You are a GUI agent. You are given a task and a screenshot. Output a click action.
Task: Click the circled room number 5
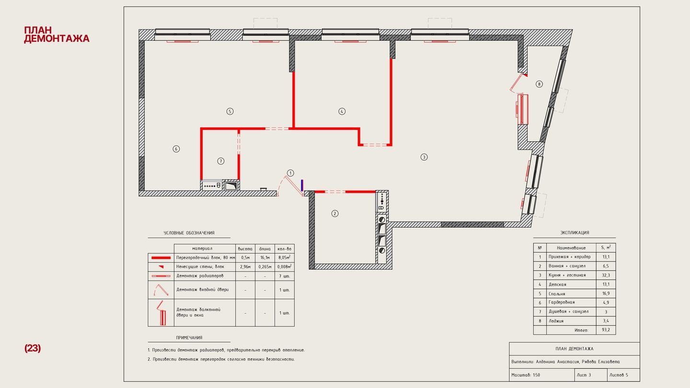pyautogui.click(x=230, y=112)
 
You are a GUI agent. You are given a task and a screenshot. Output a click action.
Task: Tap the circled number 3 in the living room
pyautogui.click(x=424, y=157)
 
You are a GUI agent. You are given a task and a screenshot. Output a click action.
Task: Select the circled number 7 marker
pyautogui.click(x=220, y=161)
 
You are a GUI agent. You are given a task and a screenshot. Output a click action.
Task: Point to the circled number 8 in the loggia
pyautogui.click(x=539, y=84)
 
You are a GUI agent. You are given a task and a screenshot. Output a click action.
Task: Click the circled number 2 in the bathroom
pyautogui.click(x=335, y=214)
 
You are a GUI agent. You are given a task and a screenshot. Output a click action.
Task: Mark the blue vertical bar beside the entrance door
pyautogui.click(x=302, y=185)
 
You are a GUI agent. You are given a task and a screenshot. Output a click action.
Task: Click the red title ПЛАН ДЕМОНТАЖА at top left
pyautogui.click(x=57, y=34)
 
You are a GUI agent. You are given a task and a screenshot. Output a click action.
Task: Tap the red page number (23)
pyautogui.click(x=33, y=348)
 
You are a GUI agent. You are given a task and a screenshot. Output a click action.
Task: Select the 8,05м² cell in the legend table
pyautogui.click(x=284, y=257)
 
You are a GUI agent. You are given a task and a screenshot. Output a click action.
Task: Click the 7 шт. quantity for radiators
pyautogui.click(x=284, y=276)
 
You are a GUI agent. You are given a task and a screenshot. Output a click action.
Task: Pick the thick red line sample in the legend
pyautogui.click(x=161, y=258)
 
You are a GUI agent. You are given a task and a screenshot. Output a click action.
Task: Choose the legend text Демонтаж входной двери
pyautogui.click(x=202, y=290)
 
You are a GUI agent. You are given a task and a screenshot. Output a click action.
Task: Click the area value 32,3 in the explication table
pyautogui.click(x=606, y=275)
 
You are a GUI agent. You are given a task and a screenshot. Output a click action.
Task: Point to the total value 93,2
pyautogui.click(x=606, y=330)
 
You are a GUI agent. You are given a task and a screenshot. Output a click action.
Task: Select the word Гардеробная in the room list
pyautogui.click(x=562, y=302)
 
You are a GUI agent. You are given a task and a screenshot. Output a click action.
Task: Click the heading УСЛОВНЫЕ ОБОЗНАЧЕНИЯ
pyautogui.click(x=189, y=233)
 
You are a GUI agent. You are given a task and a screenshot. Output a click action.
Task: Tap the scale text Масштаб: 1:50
pyautogui.click(x=526, y=375)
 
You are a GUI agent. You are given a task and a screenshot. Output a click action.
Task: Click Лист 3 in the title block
pyautogui.click(x=584, y=375)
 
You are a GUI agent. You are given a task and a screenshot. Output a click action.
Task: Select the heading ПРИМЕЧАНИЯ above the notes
pyautogui.click(x=189, y=338)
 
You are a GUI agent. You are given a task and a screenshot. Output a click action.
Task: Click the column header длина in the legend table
pyautogui.click(x=265, y=249)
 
